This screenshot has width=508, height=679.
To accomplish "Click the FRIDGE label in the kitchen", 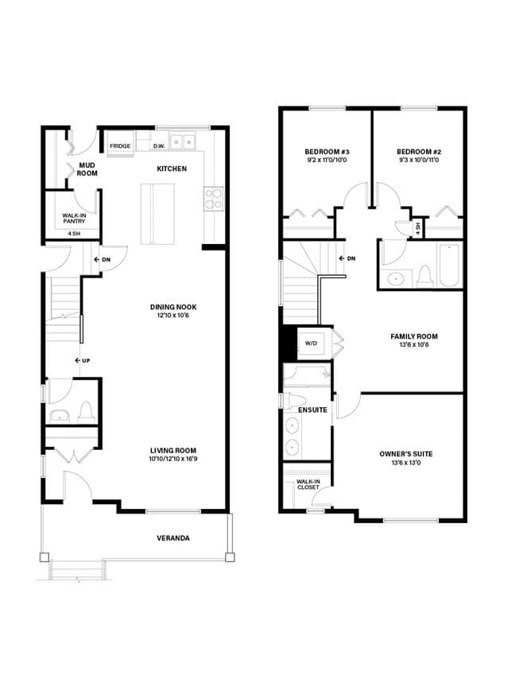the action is coord(120,146).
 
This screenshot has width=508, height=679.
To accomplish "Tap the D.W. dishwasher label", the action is coord(159,146).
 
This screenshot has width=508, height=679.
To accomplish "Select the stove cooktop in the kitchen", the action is coord(214,199).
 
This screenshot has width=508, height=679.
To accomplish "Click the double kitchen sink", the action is coord(183,142).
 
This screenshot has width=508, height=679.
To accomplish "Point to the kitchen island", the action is coord(157,214).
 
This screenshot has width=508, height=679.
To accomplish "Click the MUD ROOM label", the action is coord(87,169).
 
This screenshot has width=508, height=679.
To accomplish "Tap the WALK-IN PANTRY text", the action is coord(74,218).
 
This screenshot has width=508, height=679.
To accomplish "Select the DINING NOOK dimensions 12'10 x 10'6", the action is coord(173,315).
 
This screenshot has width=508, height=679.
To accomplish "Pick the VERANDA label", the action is coord(173,538).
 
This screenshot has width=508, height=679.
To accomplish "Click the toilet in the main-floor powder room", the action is coord(86,413).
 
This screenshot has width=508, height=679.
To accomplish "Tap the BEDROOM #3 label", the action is coord(327,152).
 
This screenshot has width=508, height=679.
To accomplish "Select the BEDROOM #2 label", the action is coord(419,152).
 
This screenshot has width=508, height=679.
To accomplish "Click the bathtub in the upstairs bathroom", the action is coord(449,265).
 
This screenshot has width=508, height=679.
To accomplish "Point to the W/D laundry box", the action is coord(312,343).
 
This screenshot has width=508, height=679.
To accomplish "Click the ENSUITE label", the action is coord(312,410).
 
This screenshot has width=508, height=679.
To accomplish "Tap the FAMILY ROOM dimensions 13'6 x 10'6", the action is coord(414,345).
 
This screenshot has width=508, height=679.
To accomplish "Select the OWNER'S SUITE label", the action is coord(406,454).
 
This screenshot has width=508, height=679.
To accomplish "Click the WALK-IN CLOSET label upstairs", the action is coord(308,484).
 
